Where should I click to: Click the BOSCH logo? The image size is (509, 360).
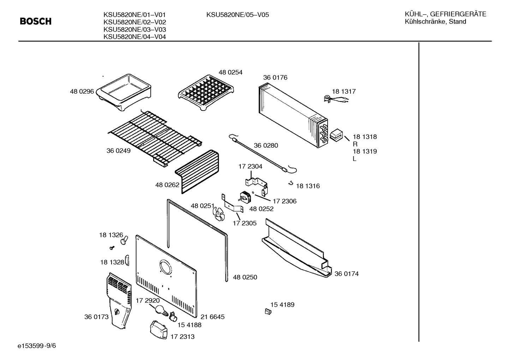pyautogui.click(x=36, y=22)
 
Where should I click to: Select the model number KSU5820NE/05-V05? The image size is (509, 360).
pyautogui.click(x=238, y=15)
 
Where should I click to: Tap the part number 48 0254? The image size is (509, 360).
pyautogui.click(x=230, y=72)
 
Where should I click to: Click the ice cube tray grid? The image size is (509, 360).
pyautogui.click(x=206, y=92)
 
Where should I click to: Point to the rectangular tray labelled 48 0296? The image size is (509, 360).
pyautogui.click(x=124, y=92)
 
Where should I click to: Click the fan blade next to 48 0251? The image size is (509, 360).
pyautogui.click(x=218, y=214)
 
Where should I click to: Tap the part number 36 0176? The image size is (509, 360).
pyautogui.click(x=275, y=78)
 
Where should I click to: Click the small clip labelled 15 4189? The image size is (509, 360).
pyautogui.click(x=268, y=312)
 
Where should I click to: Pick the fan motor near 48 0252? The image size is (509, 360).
pyautogui.click(x=245, y=197)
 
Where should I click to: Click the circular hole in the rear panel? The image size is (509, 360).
pyautogui.click(x=166, y=266)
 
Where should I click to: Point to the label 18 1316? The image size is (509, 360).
pyautogui.click(x=308, y=186)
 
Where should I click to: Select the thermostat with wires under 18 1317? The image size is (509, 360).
pyautogui.click(x=335, y=99)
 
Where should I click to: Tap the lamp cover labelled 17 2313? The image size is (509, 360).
pyautogui.click(x=158, y=330)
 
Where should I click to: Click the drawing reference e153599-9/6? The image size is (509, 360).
pyautogui.click(x=37, y=346)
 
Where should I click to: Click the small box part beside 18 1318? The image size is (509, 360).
pyautogui.click(x=336, y=135)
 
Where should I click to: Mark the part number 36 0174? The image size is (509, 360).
pyautogui.click(x=347, y=274)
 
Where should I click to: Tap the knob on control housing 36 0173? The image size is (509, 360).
pyautogui.click(x=117, y=312)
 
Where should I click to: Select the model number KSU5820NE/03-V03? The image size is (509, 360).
pyautogui.click(x=135, y=30)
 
